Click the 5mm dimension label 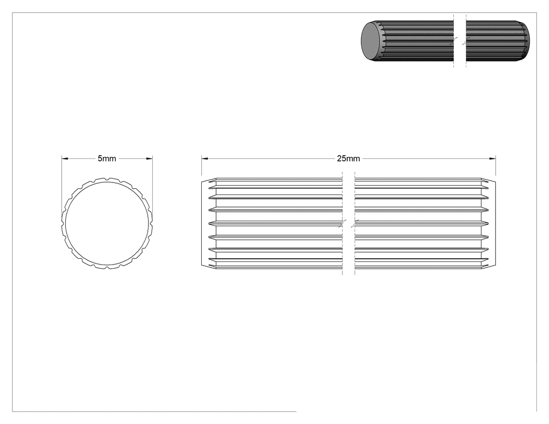[107, 158]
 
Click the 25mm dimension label [348, 158]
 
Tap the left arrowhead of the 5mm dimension [64, 158]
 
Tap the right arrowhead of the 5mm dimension [150, 158]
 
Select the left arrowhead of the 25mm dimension [204, 158]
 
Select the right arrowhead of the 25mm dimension [493, 158]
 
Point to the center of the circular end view [107, 223]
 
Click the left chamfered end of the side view [209, 223]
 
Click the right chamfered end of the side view [488, 223]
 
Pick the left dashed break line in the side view [342, 223]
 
